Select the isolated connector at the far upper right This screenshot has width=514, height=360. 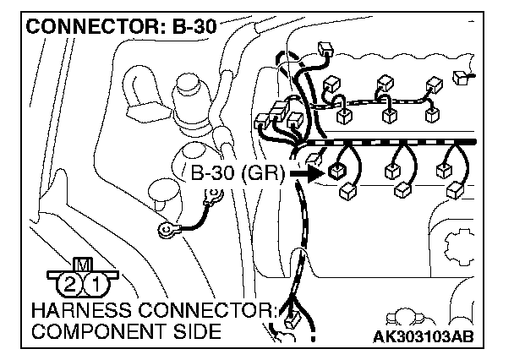(x=462, y=79)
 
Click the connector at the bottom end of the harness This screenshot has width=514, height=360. (x=293, y=319)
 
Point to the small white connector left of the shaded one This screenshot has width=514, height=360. (x=314, y=159)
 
